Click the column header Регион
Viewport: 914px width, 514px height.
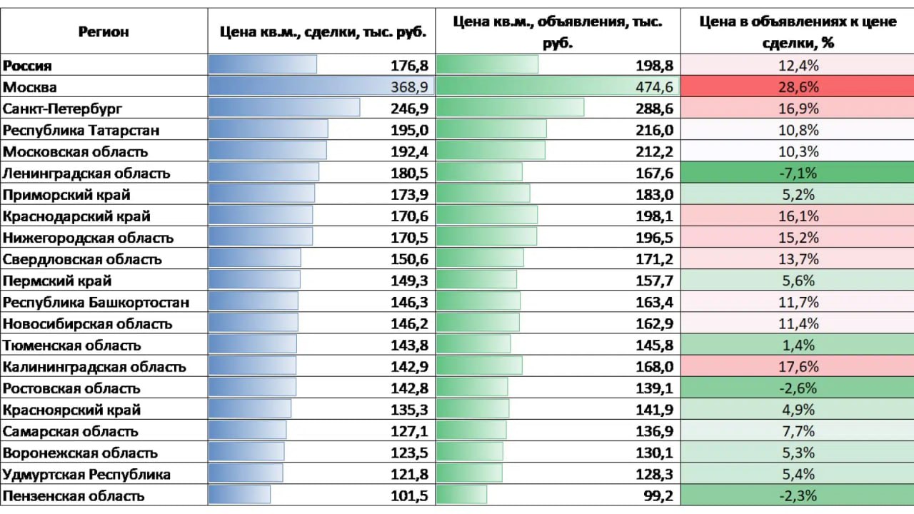(x=104, y=31)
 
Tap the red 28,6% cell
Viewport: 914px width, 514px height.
(x=797, y=87)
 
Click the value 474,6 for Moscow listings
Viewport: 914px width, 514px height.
(x=654, y=87)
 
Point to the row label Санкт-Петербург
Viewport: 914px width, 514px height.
(x=63, y=109)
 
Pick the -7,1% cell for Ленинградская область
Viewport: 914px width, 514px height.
(x=797, y=173)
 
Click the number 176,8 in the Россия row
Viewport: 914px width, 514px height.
(x=409, y=66)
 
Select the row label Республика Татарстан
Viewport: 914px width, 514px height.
(x=81, y=131)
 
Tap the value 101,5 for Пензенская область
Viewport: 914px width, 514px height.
(x=409, y=495)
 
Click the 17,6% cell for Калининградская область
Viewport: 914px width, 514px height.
(x=797, y=367)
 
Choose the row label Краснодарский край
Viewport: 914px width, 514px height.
(x=77, y=216)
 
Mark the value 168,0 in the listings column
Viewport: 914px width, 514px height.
(x=654, y=367)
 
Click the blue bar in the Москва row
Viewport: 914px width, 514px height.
(x=300, y=87)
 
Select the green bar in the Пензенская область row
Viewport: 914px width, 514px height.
(x=461, y=495)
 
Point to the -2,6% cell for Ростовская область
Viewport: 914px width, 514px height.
(x=797, y=388)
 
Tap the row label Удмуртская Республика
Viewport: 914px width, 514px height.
(x=87, y=474)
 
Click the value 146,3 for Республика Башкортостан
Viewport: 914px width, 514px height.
(x=409, y=302)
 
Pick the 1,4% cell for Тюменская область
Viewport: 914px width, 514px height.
(x=797, y=346)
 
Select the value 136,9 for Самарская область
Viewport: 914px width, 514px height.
(x=654, y=431)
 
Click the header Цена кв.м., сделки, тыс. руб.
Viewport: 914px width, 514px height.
(x=323, y=31)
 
